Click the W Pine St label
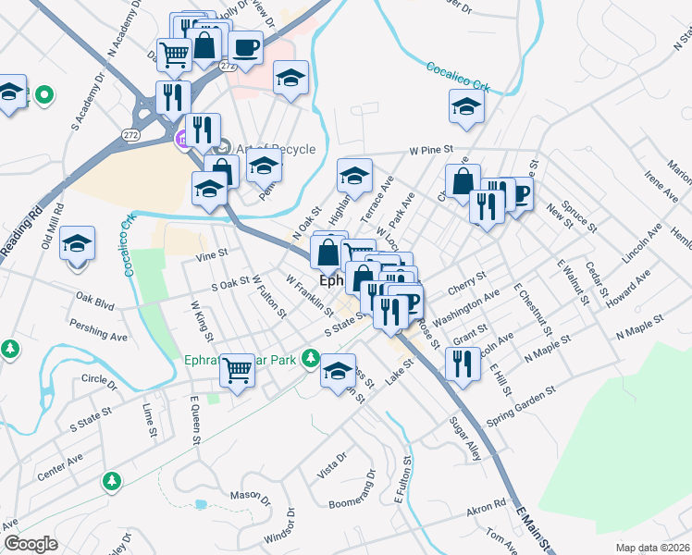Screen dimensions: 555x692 (431, 149)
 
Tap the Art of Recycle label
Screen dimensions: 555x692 (276, 149)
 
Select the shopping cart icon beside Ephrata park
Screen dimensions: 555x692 (239, 370)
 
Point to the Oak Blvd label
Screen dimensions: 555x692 (94, 300)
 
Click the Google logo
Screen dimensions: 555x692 (31, 544)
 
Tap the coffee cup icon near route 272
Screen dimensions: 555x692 (245, 47)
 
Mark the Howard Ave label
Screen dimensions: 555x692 (628, 290)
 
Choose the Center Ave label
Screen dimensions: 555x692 (60, 466)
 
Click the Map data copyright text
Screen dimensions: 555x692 (653, 548)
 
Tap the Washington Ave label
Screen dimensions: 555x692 (464, 307)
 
